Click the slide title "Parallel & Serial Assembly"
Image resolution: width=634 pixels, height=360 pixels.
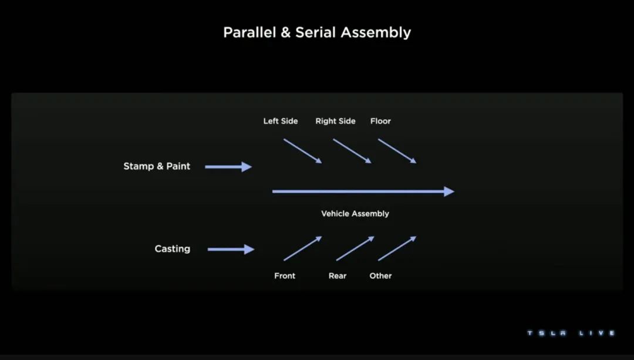(x=317, y=32)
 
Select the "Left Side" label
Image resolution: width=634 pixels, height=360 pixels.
(x=281, y=121)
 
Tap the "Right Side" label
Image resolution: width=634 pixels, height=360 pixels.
(x=335, y=121)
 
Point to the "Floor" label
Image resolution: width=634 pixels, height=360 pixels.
(x=380, y=121)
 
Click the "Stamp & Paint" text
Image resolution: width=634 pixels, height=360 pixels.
(x=157, y=166)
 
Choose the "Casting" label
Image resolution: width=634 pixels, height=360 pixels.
(x=172, y=249)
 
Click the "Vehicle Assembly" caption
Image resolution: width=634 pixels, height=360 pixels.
(x=355, y=214)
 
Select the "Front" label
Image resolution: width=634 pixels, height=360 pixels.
(x=285, y=275)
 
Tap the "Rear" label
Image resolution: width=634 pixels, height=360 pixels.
(x=338, y=275)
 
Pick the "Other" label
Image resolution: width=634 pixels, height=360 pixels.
(x=380, y=275)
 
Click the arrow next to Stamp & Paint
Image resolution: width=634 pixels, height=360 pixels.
(x=228, y=167)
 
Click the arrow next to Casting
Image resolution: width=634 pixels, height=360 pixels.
(x=231, y=250)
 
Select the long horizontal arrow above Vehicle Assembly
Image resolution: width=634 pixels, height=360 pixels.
(x=363, y=191)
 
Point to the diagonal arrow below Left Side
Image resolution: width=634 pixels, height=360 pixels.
(x=302, y=151)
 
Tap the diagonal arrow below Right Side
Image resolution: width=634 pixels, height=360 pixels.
(x=352, y=151)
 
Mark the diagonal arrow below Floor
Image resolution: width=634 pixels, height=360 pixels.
(x=397, y=151)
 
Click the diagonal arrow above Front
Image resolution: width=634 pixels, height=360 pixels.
(x=302, y=248)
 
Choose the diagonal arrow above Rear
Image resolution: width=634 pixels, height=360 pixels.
(x=355, y=248)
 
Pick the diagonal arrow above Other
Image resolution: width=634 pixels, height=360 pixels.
(x=397, y=248)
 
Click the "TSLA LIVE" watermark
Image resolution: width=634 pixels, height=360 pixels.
(x=571, y=333)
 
